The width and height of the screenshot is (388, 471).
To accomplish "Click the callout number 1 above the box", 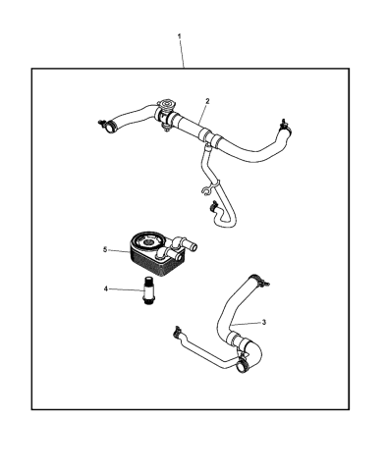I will (180, 36).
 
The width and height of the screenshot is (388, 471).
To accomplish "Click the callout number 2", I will (207, 101).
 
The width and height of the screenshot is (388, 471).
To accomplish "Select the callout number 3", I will (262, 323).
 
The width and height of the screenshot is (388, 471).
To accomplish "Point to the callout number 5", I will (104, 250).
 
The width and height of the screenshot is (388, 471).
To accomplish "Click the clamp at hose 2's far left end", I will (103, 126).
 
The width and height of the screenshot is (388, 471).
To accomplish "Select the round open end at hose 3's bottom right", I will (241, 368).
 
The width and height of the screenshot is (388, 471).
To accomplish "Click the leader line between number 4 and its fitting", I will (126, 289).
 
